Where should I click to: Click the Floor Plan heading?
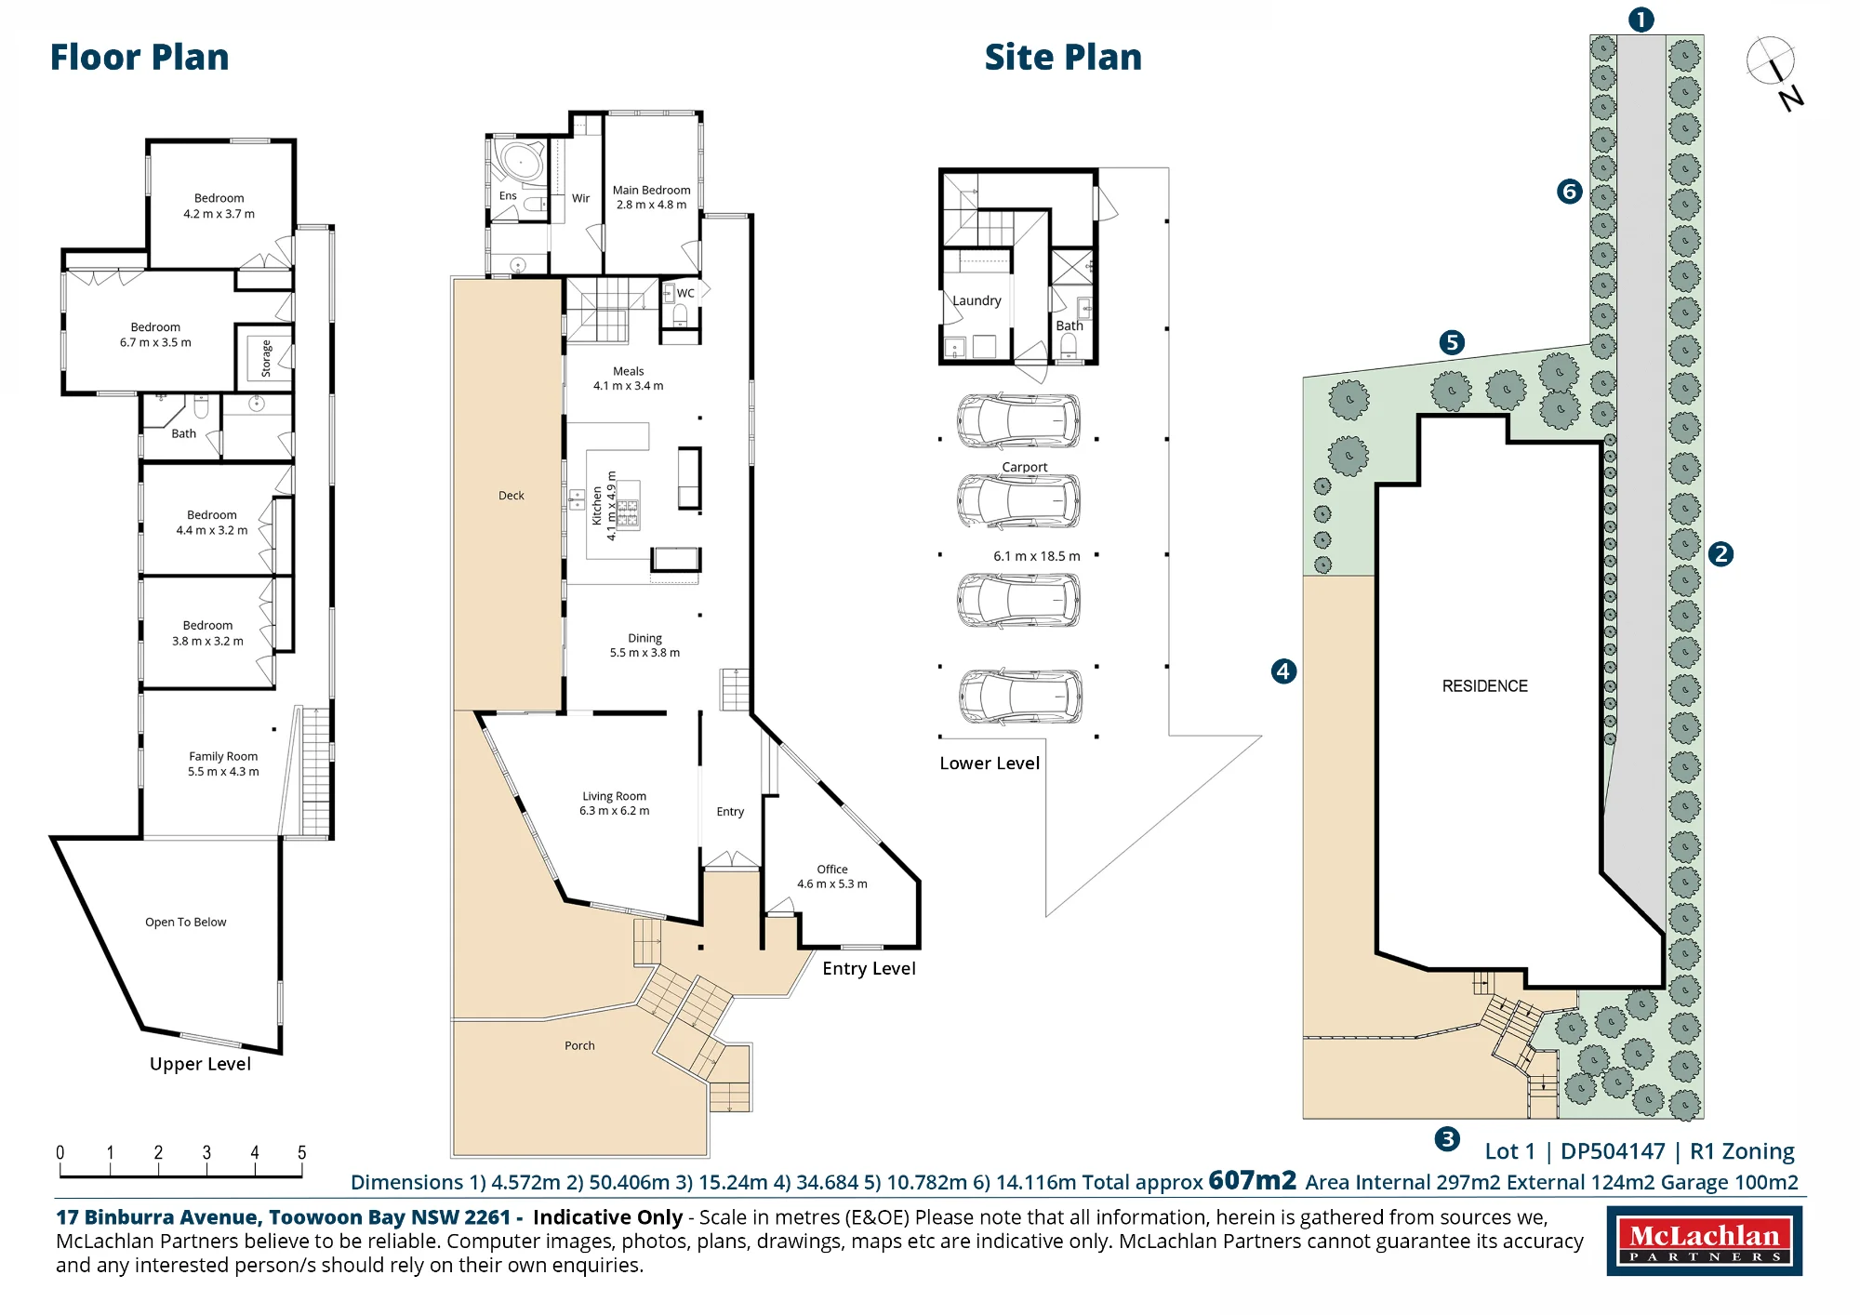point(139,58)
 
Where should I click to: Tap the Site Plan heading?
point(1063,58)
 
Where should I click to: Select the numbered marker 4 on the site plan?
point(1283,671)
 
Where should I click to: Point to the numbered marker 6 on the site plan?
point(1570,192)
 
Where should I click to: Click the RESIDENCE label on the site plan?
point(1485,686)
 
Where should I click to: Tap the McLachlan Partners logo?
point(1705,1241)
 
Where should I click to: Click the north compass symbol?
point(1774,72)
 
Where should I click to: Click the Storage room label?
point(266,358)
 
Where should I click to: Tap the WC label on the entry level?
point(685,293)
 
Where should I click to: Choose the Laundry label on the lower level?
point(976,300)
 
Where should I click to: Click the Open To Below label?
point(186,923)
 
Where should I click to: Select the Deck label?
point(511,496)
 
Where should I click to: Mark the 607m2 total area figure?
point(1252,1180)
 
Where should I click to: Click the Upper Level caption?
point(200,1064)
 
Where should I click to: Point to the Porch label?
point(579,1046)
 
